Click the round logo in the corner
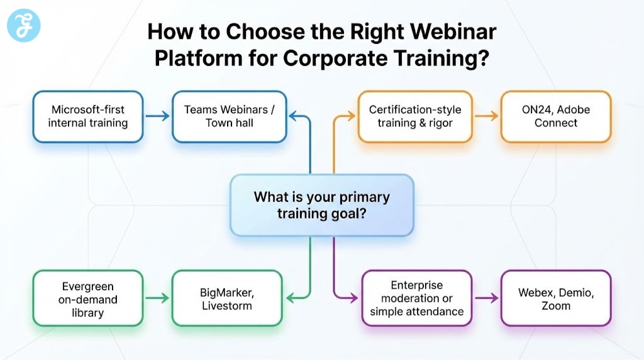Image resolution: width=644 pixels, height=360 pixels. (23, 26)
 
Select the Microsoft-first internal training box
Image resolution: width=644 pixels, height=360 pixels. (88, 116)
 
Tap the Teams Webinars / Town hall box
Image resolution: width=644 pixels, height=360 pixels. (229, 116)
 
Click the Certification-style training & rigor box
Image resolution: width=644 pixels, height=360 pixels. (414, 116)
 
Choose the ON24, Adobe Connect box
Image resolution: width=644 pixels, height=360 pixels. (555, 116)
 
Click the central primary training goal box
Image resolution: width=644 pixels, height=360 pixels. (321, 205)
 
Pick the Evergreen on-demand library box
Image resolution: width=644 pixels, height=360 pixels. (88, 299)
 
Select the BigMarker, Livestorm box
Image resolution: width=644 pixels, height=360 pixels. (227, 299)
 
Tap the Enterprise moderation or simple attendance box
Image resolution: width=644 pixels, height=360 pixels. (416, 299)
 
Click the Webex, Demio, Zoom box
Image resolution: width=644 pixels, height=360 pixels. (555, 299)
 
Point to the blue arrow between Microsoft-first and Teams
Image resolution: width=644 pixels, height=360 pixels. (157, 116)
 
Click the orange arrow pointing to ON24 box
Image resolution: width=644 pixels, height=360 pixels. (486, 116)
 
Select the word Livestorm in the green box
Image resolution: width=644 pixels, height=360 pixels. (227, 306)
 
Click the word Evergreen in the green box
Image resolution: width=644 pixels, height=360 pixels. (88, 286)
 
